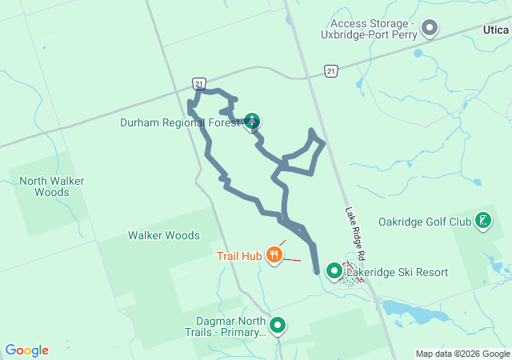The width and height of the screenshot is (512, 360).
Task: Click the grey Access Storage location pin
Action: [430, 29]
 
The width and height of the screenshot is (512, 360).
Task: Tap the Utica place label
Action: [496, 30]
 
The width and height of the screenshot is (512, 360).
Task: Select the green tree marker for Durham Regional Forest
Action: [252, 122]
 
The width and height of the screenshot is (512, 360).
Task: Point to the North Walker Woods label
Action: [52, 186]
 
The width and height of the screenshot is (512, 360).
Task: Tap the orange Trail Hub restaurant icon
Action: [274, 256]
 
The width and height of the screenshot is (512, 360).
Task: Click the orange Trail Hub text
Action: [240, 257]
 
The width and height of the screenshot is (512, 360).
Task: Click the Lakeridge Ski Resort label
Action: [397, 273]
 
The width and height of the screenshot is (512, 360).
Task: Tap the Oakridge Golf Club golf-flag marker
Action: [482, 221]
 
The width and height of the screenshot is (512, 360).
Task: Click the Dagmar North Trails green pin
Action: [278, 326]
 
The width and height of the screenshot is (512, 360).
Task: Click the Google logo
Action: [27, 350]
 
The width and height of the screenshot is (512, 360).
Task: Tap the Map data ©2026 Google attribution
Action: [462, 354]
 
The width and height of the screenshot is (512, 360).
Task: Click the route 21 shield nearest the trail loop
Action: [199, 82]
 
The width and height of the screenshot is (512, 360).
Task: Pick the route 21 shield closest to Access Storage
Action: [330, 72]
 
